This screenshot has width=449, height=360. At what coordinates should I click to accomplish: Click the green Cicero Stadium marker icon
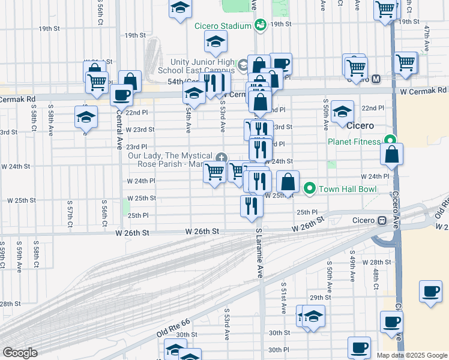pyautogui.click(x=260, y=25)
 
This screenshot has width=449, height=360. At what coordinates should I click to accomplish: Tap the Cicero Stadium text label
pyautogui.click(x=222, y=26)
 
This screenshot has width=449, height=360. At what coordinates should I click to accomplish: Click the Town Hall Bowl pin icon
pyautogui.click(x=309, y=189)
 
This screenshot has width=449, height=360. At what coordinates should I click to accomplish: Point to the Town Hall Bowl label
pyautogui.click(x=341, y=189)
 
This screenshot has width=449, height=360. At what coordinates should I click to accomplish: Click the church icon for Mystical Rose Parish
pyautogui.click(x=221, y=158)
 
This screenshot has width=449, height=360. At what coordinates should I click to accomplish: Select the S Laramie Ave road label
pyautogui.click(x=259, y=253)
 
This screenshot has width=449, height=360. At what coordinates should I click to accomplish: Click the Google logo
pyautogui.click(x=20, y=353)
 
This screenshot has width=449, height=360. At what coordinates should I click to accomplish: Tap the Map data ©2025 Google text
pyautogui.click(x=412, y=355)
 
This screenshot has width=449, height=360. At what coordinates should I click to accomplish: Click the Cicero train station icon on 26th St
pyautogui.click(x=381, y=220)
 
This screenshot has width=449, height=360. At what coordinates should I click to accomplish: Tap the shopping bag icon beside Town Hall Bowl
pyautogui.click(x=288, y=181)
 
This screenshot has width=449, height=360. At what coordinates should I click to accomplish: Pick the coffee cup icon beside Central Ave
pyautogui.click(x=121, y=95)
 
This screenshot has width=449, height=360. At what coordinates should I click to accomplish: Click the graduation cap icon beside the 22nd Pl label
pyautogui.click(x=342, y=113)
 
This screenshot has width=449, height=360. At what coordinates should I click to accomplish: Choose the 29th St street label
pyautogui.click(x=321, y=298)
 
